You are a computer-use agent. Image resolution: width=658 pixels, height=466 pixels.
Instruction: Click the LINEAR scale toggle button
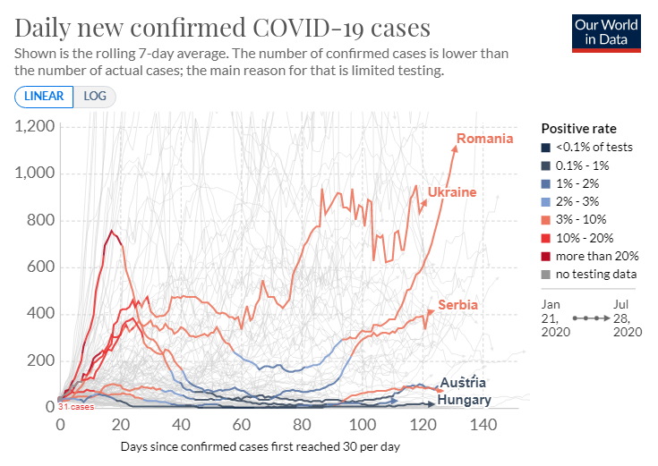coord(44,97)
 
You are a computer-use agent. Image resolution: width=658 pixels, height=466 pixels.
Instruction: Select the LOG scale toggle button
coord(94,97)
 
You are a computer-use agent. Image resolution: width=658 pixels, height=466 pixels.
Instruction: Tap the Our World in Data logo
coord(608,33)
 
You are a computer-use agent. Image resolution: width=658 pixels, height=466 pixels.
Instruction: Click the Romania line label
coord(484,139)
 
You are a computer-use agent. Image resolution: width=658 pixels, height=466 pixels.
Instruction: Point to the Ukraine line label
coord(451,192)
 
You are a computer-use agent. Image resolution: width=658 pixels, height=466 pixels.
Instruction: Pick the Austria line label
coord(463,383)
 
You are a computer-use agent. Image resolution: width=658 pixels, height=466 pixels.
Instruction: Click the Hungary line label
coord(464,400)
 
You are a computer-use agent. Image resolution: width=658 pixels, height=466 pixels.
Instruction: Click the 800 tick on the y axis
coord(40,220)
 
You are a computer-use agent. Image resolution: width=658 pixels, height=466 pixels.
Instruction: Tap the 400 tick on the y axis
coord(40,314)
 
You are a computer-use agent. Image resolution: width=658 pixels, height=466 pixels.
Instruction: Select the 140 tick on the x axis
coord(484,424)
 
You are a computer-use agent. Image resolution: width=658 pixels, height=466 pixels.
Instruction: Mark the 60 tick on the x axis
coord(241,424)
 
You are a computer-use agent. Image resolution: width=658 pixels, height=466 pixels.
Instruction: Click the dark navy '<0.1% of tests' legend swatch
coord(546,147)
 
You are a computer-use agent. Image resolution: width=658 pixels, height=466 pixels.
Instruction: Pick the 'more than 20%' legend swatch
coord(546,256)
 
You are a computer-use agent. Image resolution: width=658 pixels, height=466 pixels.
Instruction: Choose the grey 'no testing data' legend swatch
coord(546,274)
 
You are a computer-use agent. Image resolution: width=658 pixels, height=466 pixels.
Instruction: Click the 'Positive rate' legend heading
coord(578,128)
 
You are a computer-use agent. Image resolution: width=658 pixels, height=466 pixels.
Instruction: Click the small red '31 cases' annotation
coord(76,407)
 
